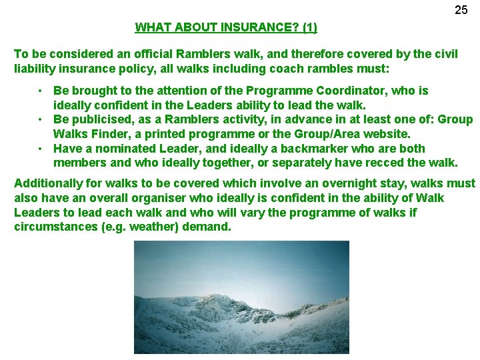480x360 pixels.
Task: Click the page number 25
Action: coord(461,10)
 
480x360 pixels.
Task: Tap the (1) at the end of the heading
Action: coord(309,28)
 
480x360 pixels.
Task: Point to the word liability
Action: coord(34,69)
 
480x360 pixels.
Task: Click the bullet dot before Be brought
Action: coord(41,91)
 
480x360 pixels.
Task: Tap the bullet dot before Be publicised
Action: coord(41,120)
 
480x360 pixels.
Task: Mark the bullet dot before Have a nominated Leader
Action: coord(41,149)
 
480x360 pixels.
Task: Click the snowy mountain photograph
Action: coord(241,297)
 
